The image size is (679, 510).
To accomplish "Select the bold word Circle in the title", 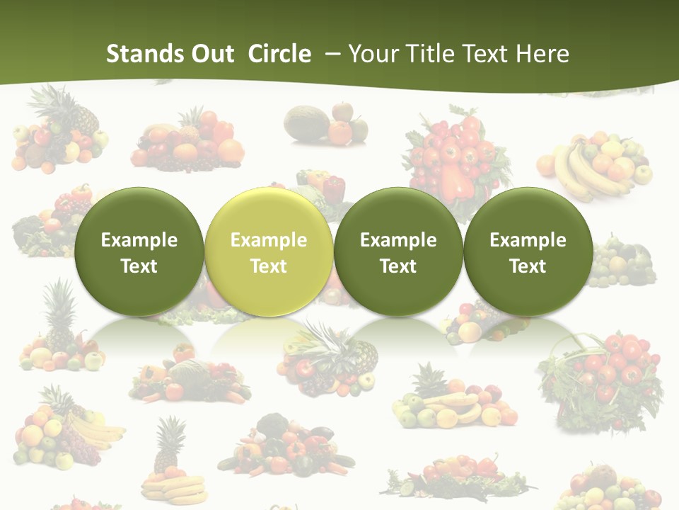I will point(279,54).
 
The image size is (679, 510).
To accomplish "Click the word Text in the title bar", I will point(487,54).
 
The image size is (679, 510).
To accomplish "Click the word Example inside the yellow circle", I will point(269,240).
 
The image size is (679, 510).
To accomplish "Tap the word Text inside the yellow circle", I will point(269,266).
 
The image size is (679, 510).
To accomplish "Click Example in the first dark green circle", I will point(139,240).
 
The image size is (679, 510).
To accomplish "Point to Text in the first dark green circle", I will point(139,266).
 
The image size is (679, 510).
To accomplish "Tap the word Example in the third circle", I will point(398,240).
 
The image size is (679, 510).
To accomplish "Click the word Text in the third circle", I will point(398,266).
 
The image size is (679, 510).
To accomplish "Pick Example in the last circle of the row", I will point(528,240).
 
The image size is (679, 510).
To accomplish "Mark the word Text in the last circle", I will point(528,266).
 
